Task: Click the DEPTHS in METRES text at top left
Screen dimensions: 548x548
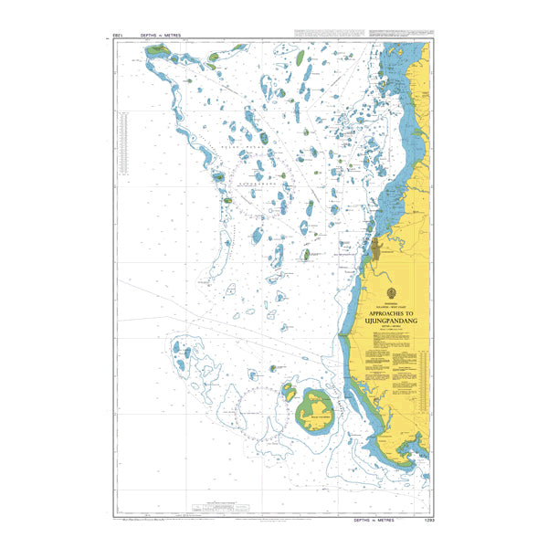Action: tap(161, 35)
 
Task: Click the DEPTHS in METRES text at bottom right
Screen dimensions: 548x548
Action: tap(373, 519)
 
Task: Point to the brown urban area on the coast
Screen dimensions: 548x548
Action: tap(376, 247)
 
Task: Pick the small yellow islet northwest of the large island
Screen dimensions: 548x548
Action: tap(289, 392)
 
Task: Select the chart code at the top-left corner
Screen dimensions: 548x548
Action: tap(117, 35)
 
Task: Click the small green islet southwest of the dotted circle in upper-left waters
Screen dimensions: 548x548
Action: tap(218, 176)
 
